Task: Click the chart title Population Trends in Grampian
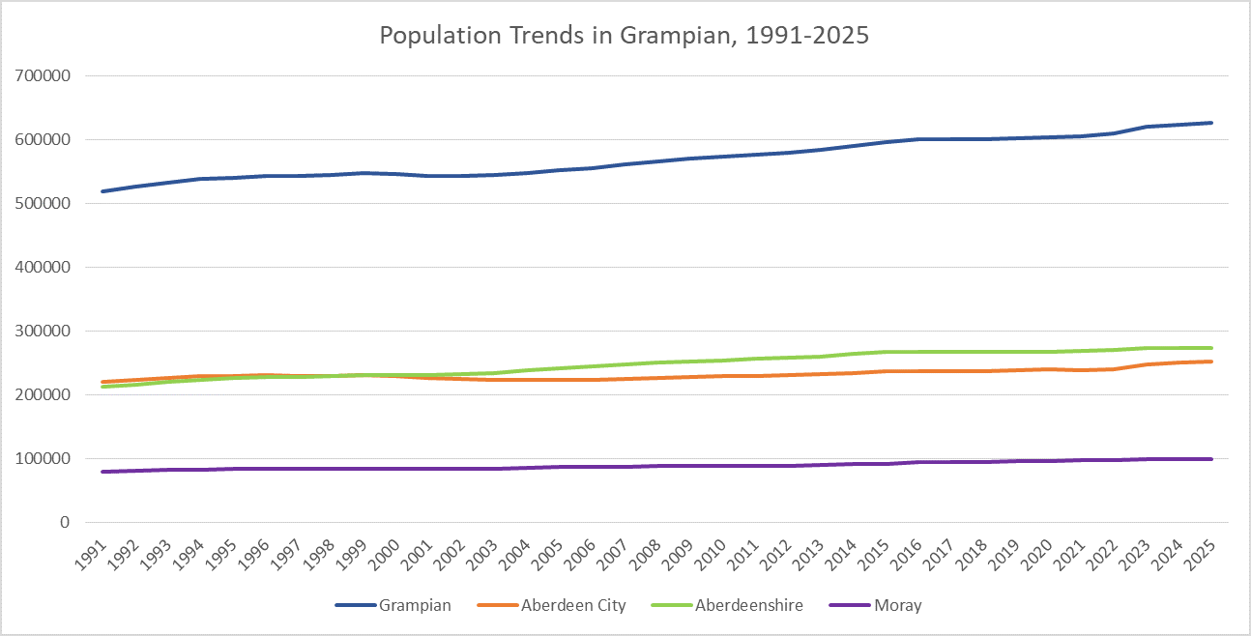click(625, 36)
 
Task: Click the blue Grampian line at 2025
click(1211, 123)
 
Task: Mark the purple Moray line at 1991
click(102, 472)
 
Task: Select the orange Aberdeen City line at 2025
click(1211, 361)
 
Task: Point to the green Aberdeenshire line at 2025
click(1211, 348)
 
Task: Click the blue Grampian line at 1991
click(102, 191)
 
